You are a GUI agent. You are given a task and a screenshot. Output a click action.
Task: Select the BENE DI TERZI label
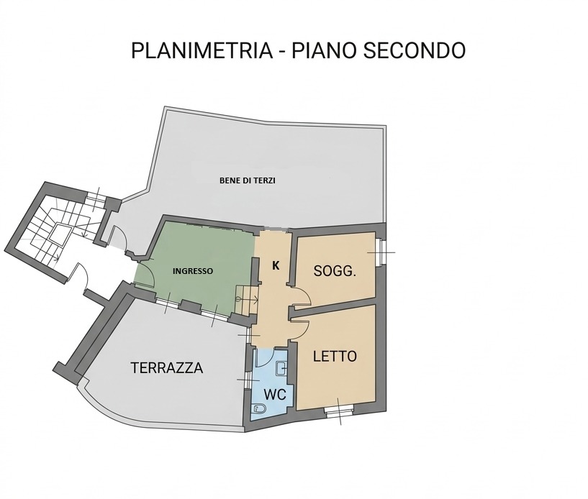tap(248, 180)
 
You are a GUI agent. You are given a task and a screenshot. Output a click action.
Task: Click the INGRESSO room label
tap(192, 271)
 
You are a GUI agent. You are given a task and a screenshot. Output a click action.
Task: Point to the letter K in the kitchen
tap(275, 265)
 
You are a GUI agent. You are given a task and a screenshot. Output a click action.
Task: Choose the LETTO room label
tap(335, 356)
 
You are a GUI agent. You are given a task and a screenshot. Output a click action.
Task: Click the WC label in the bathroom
tap(275, 395)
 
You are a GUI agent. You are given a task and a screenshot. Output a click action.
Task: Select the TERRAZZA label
tap(166, 368)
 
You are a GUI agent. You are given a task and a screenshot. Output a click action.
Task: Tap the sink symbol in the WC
tap(283, 370)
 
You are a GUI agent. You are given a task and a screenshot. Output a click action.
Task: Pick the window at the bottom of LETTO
tap(338, 411)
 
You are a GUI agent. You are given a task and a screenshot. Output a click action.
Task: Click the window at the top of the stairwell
tap(94, 196)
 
